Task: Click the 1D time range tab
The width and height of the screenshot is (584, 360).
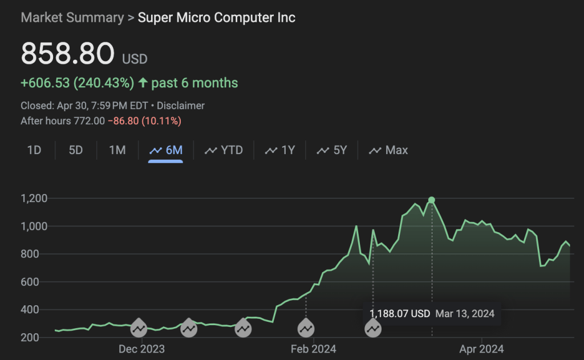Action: (34, 150)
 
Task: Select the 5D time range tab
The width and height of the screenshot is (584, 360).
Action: (76, 150)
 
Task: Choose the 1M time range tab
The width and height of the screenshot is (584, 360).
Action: (117, 150)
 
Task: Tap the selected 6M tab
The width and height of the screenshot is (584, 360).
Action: (166, 150)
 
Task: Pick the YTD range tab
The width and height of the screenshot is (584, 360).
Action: (224, 150)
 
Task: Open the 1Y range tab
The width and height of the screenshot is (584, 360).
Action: (280, 150)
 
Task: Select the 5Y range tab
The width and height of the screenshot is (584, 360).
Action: (332, 150)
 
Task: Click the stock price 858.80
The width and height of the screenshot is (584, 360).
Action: (67, 54)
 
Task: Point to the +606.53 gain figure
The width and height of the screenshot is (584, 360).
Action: (45, 83)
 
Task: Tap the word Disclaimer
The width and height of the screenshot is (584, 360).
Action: (181, 106)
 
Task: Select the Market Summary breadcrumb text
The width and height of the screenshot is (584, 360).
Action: (72, 18)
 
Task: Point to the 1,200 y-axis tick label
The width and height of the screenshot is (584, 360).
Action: (35, 199)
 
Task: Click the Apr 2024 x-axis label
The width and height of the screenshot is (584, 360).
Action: (482, 349)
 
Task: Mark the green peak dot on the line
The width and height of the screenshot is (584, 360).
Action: (432, 200)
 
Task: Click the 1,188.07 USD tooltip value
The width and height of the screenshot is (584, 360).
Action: (399, 314)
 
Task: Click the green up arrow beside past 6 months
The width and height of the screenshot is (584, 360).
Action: (143, 83)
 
